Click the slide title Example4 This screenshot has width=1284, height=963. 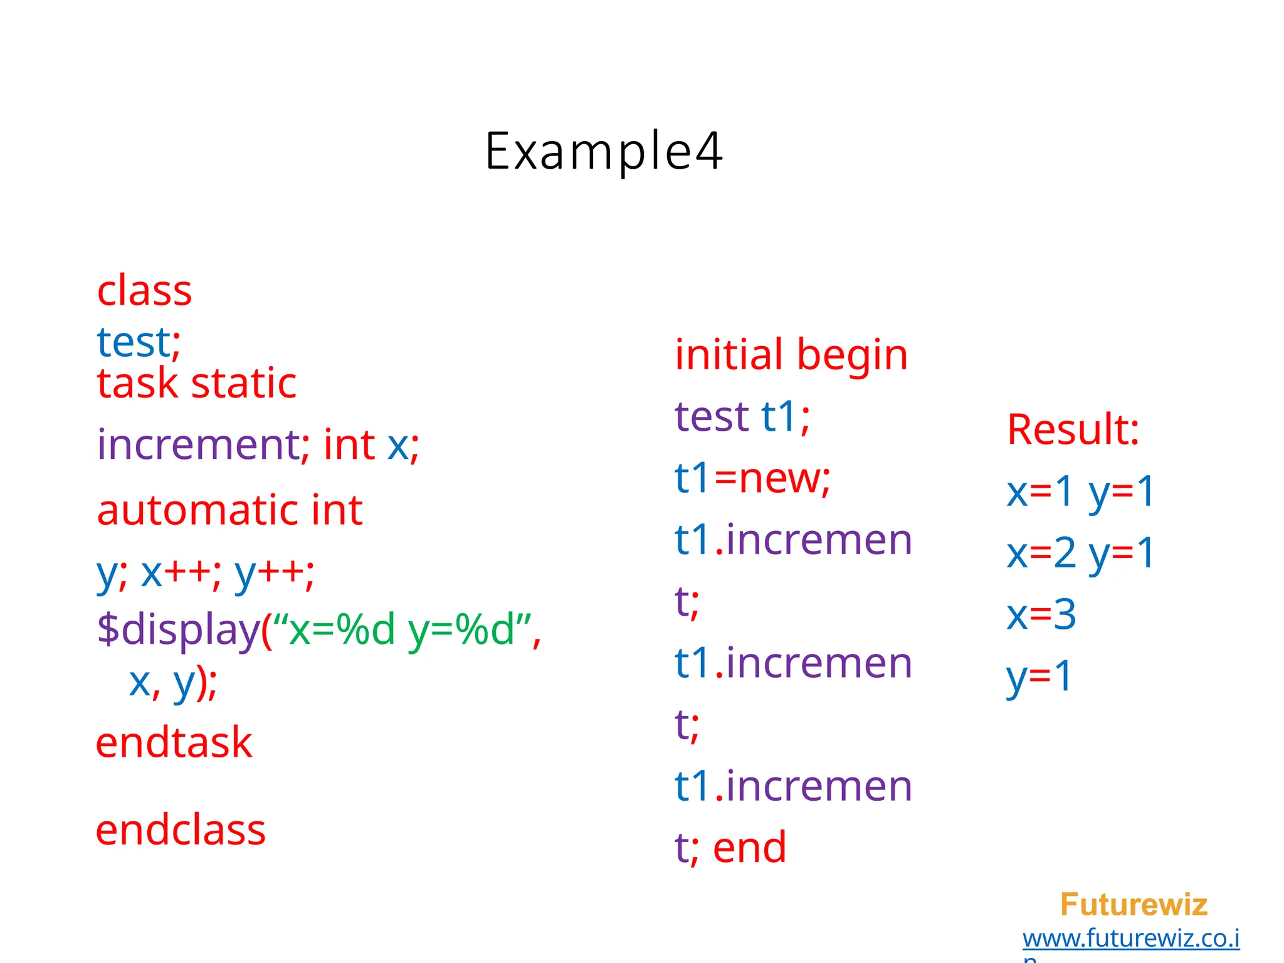pyautogui.click(x=604, y=152)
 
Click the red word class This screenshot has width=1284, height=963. pyautogui.click(x=144, y=292)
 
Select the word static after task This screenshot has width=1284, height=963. pyautogui.click(x=243, y=383)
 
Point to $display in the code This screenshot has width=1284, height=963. pyautogui.click(x=179, y=629)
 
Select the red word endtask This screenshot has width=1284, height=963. pyautogui.click(x=174, y=743)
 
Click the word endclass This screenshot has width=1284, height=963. pyautogui.click(x=181, y=831)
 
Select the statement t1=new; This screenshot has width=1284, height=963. pyautogui.click(x=752, y=478)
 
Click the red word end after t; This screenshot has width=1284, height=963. pyautogui.click(x=749, y=848)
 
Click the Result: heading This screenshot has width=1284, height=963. pyautogui.click(x=1073, y=430)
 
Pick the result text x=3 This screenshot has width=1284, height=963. pyautogui.click(x=1041, y=614)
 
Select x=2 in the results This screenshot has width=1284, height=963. pyautogui.click(x=1041, y=553)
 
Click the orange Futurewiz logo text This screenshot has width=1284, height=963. pyautogui.click(x=1134, y=905)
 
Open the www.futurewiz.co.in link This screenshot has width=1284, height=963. pyautogui.click(x=1131, y=939)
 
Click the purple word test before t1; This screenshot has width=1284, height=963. pyautogui.click(x=712, y=417)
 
